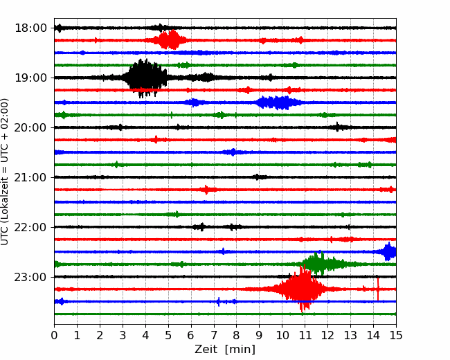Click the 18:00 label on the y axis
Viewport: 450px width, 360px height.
point(30,28)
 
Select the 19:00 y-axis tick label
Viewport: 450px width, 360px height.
point(30,78)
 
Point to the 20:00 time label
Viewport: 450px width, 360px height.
point(30,127)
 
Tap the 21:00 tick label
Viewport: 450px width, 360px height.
point(30,177)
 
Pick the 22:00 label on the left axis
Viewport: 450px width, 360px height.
point(30,227)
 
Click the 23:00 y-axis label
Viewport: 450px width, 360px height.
point(30,277)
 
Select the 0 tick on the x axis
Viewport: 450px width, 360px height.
point(54,335)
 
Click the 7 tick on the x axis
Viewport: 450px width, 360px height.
point(214,335)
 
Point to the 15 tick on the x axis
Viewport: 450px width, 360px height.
point(396,335)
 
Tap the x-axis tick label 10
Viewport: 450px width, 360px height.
point(282,335)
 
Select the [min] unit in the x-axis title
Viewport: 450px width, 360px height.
point(240,350)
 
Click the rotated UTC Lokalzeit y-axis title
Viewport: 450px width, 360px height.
point(4,172)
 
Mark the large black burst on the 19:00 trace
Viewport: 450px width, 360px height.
point(145,78)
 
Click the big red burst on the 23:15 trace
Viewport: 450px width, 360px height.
point(301,289)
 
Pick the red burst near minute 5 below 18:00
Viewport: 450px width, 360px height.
point(170,40)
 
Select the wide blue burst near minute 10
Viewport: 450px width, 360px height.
point(278,102)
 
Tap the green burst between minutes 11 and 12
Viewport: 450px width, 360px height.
point(320,264)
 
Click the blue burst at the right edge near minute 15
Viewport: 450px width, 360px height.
point(388,252)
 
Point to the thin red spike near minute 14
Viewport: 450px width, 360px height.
point(378,289)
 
